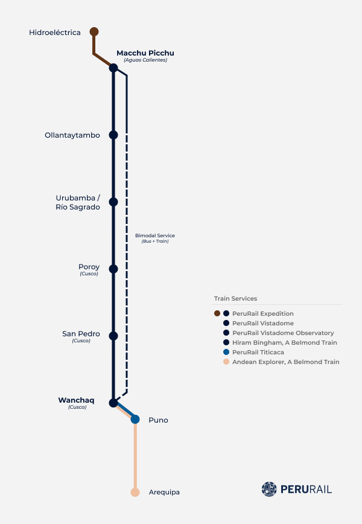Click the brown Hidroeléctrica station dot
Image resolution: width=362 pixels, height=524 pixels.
point(94,32)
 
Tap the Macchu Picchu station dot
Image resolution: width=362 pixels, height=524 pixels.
point(113,68)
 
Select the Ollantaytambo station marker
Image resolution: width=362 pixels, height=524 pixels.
point(113,135)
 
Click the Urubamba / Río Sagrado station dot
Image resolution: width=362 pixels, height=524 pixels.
point(113,202)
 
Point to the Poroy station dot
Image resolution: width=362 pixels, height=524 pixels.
point(113,269)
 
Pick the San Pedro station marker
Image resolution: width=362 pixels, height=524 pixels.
point(113,336)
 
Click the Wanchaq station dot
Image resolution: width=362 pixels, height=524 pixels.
point(113,403)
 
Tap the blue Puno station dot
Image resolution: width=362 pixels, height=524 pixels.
point(135,419)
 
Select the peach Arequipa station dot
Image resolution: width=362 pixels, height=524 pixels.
point(135,492)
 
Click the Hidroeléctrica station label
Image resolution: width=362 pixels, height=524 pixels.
point(55,33)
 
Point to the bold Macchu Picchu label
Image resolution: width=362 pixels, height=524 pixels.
point(145,53)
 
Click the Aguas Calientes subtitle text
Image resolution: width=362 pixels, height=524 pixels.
point(145,60)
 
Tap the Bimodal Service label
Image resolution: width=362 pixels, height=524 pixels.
point(155,235)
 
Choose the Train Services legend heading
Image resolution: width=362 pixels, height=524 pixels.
point(235,298)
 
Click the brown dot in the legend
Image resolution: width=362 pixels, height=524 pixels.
point(217,313)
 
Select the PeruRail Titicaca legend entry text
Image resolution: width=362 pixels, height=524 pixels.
point(258,352)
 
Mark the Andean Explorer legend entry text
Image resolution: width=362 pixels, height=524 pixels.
point(286,362)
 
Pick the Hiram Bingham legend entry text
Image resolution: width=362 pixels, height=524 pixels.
point(285,342)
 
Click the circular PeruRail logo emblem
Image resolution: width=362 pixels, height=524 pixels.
point(269,489)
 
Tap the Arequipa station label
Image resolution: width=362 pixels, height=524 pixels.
point(164,492)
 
